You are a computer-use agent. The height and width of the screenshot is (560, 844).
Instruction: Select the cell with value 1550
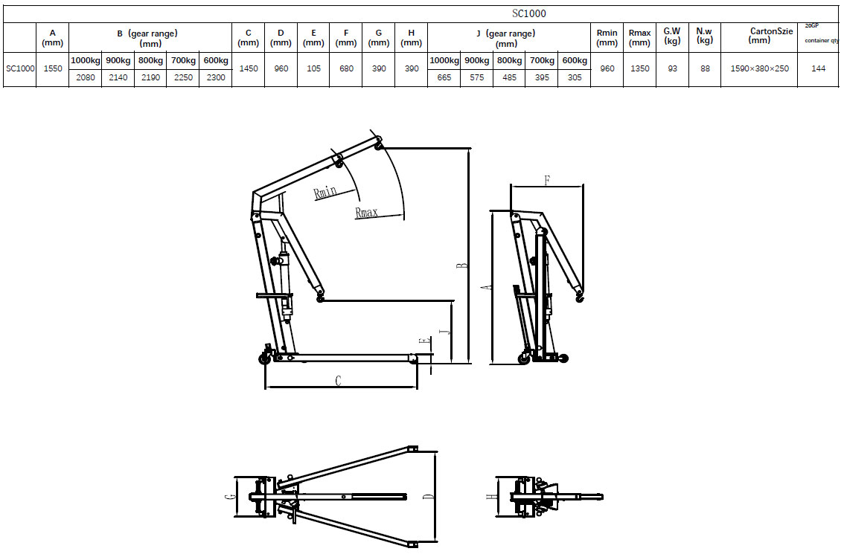[52, 69]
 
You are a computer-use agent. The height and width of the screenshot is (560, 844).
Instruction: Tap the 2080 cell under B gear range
[86, 77]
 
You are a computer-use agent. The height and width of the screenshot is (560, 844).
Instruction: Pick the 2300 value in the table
[215, 77]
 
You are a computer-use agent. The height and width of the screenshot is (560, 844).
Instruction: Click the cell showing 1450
[248, 69]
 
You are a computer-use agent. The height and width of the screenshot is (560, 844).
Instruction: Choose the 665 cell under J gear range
[444, 77]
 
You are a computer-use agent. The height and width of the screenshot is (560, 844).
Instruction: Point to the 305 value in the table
[574, 77]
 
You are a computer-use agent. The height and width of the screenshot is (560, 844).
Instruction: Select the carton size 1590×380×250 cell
[758, 69]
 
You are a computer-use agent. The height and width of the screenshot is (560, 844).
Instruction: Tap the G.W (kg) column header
[672, 36]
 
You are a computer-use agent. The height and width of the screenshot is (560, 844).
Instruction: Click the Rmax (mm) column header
[639, 37]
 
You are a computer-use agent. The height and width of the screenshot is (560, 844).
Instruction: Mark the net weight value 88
[705, 69]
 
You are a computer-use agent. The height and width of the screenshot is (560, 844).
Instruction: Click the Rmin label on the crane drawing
[325, 193]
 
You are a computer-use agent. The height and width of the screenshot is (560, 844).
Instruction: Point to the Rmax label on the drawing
[366, 213]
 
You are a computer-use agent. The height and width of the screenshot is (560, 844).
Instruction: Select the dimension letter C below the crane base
[338, 381]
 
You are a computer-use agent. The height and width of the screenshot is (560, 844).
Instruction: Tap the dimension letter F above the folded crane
[546, 180]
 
